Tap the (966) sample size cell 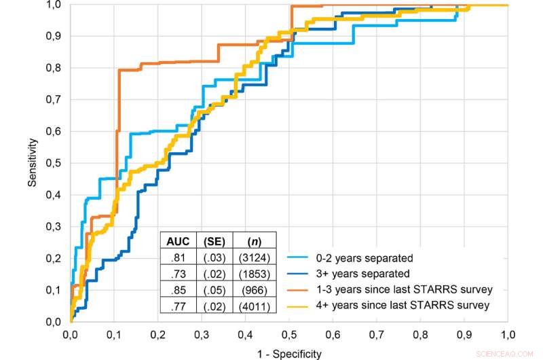coord(248,290)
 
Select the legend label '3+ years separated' coord(362,274)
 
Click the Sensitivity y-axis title coord(33,163)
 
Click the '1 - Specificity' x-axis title coord(288,353)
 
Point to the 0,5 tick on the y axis coord(54,163)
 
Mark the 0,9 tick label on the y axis coord(54,36)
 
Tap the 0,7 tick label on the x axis coord(377,335)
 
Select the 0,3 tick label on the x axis coord(202,335)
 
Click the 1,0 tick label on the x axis coord(508,335)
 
